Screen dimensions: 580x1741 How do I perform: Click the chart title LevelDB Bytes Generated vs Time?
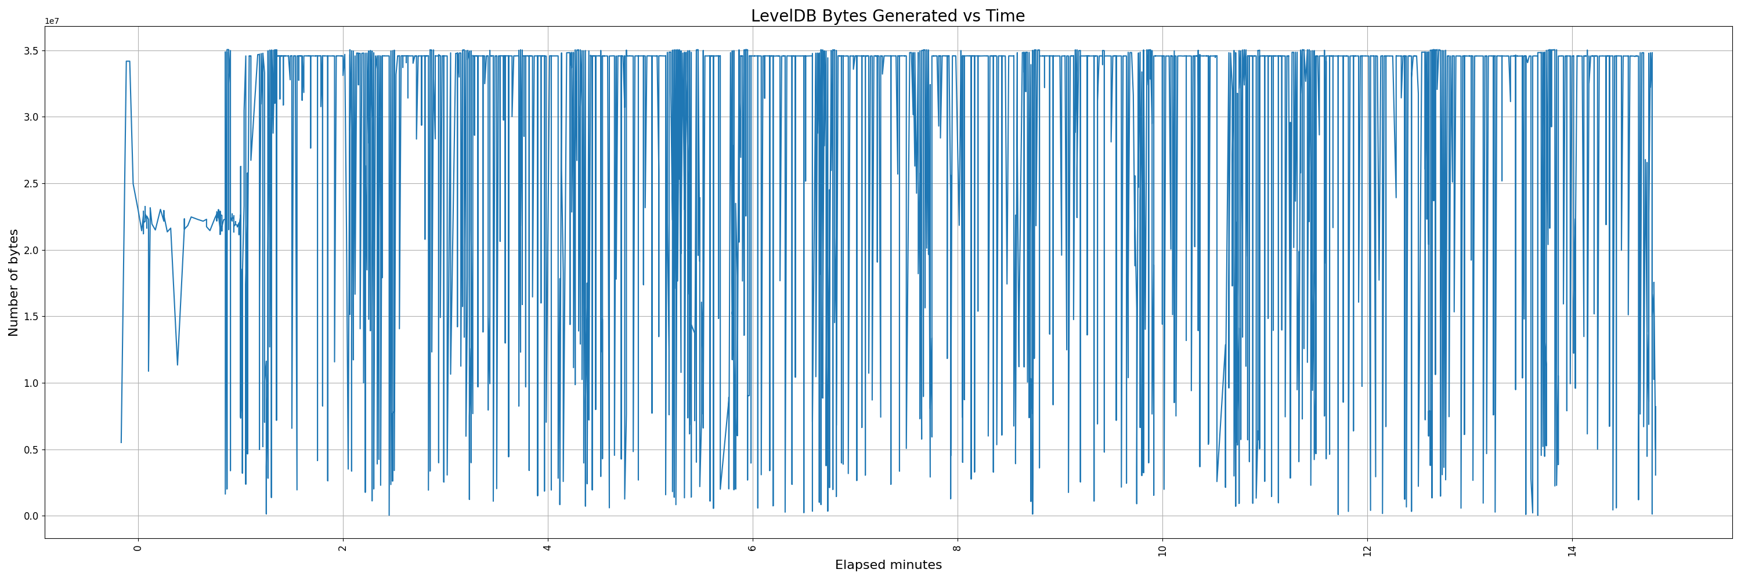[x=887, y=16]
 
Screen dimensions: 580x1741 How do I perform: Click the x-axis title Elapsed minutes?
[x=888, y=565]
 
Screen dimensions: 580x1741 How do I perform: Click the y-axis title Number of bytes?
[x=13, y=282]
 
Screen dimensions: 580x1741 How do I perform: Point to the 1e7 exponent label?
[x=52, y=21]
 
